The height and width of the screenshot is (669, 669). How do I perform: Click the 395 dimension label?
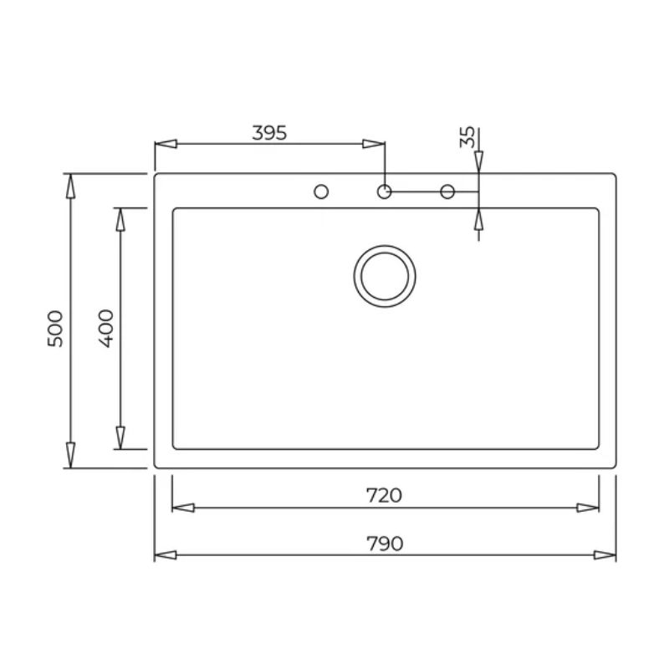[269, 133]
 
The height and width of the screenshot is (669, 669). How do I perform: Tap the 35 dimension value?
[467, 137]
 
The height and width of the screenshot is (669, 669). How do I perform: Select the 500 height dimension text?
[55, 329]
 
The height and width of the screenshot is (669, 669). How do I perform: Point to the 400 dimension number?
[106, 328]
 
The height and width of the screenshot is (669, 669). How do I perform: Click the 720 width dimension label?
[384, 495]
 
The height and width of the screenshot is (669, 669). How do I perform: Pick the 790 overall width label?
[385, 544]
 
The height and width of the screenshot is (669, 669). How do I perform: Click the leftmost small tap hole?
[321, 192]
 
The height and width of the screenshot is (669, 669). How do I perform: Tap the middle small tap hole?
[385, 192]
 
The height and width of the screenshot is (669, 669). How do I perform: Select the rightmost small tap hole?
[447, 192]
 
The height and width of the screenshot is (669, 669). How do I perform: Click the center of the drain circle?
[385, 276]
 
